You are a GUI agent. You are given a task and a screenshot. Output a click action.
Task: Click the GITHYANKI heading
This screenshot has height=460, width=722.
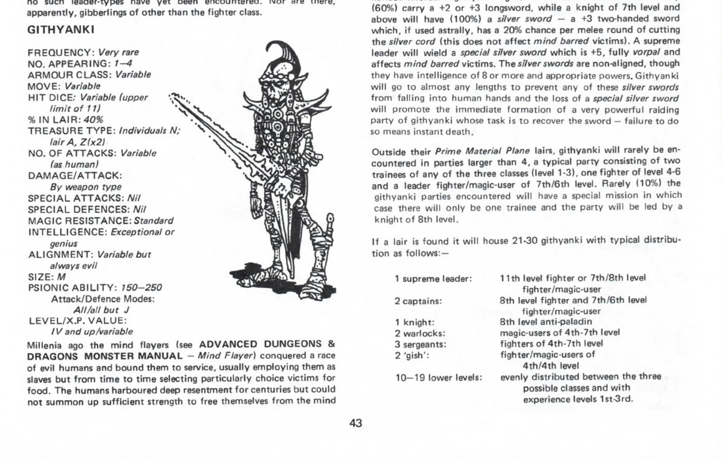point(61,30)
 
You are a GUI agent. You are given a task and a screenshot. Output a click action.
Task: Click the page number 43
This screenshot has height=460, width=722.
point(355,423)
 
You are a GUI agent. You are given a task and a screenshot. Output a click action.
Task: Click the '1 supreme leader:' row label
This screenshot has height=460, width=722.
point(433,278)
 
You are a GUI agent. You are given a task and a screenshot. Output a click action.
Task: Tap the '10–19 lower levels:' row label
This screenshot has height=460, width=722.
point(438,377)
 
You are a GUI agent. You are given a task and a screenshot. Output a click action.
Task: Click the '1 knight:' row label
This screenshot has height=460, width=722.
point(414,322)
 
